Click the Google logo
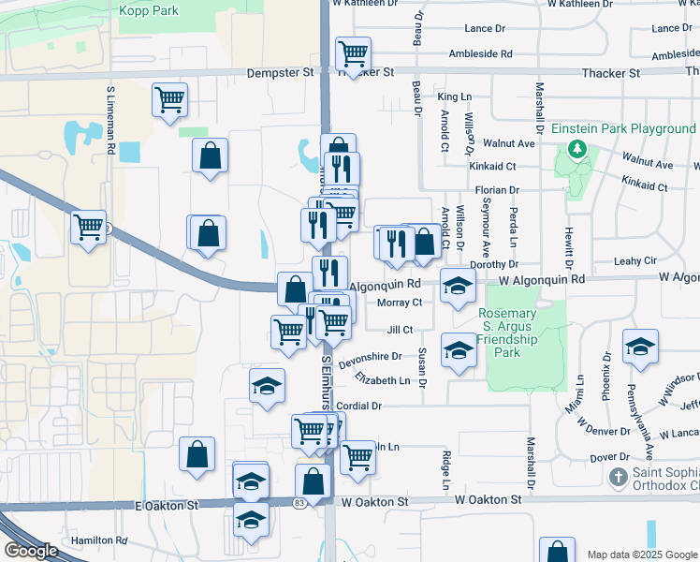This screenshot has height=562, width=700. coord(31,551)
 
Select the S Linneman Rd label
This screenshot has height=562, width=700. coord(110,120)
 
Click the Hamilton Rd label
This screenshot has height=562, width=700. coord(98,540)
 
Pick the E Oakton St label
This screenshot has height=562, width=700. coord(168,505)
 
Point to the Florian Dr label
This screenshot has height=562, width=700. coord(497,190)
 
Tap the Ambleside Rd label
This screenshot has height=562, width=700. coord(480,54)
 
